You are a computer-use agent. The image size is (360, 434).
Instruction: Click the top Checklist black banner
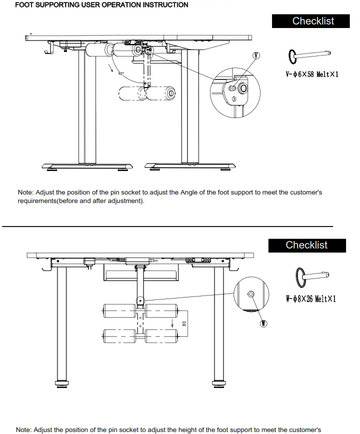coord(313,21)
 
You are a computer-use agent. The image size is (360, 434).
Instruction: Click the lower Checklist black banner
coord(306,245)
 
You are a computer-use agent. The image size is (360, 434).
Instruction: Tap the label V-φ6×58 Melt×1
coord(311,74)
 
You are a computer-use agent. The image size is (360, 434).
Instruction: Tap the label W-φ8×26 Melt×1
coord(310,299)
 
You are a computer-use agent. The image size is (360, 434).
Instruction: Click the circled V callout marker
coord(256,55)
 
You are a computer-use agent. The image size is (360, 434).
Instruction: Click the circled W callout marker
coord(263,323)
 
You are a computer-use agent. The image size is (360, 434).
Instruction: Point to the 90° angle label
coord(120,73)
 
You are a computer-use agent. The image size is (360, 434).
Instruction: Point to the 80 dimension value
coord(184,323)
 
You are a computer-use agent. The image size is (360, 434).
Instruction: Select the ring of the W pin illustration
coord(300,277)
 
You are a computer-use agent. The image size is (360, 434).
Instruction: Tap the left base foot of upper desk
coord(87,165)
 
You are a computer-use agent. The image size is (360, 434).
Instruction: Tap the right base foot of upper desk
coord(190,165)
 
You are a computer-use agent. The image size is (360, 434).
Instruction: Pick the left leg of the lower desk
coord(61,325)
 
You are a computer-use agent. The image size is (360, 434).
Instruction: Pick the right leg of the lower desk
coord(218,325)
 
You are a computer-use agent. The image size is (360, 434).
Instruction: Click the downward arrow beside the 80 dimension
coord(174,320)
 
